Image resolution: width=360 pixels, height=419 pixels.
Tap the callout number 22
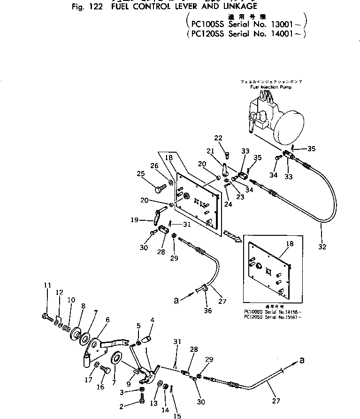(218, 138)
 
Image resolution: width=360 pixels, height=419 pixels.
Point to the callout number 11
(47, 285)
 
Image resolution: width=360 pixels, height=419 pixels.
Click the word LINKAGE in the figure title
(232, 6)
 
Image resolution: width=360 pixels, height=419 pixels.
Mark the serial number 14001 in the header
(283, 34)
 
